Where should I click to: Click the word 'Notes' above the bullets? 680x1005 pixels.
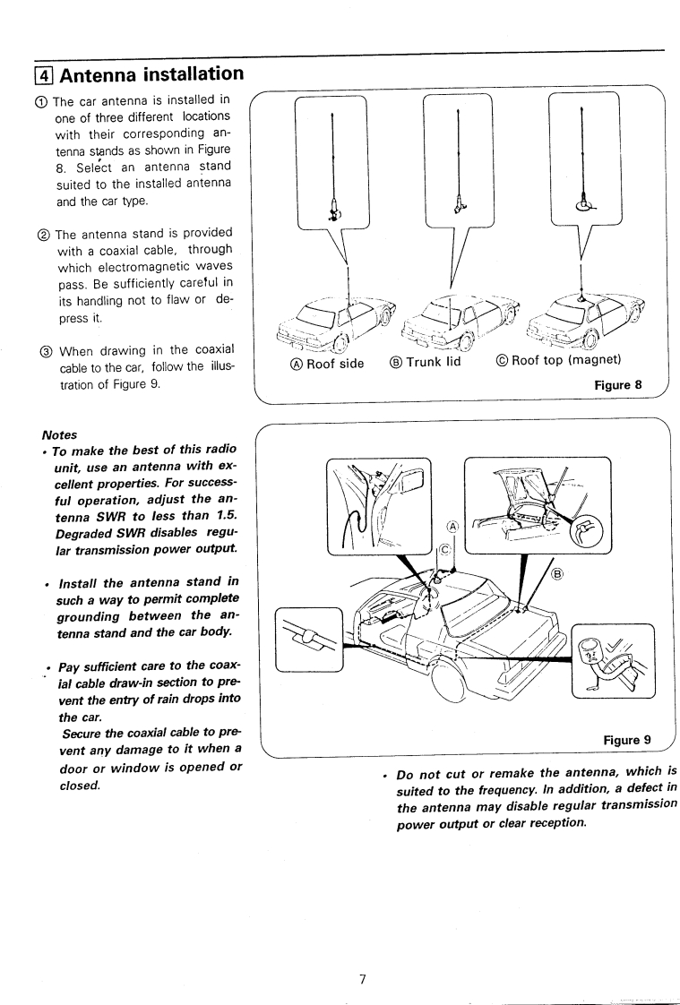click(x=59, y=434)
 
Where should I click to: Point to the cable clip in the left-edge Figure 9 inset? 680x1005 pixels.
click(x=307, y=639)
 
